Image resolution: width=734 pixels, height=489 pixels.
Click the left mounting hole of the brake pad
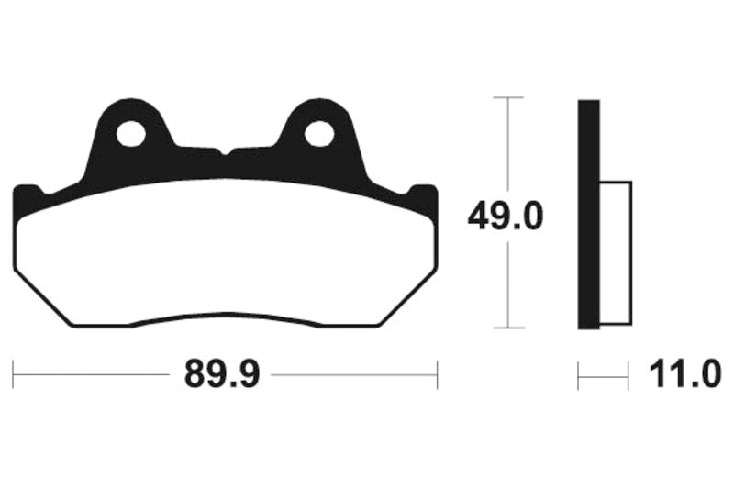click(131, 135)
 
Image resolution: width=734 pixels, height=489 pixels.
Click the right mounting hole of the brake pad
click(319, 135)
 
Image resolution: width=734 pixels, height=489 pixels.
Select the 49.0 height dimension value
click(505, 217)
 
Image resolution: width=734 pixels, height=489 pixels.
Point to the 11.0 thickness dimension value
click(684, 375)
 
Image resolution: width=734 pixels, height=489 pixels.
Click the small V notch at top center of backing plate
click(225, 150)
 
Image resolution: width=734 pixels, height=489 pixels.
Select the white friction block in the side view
click(615, 252)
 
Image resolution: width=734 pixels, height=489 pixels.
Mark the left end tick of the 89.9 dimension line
click(14, 374)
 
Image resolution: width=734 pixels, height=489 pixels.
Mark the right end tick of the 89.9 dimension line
click(437, 374)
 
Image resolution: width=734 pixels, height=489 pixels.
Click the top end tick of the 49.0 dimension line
click(508, 96)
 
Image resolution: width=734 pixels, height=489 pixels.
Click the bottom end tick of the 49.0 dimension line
click(508, 328)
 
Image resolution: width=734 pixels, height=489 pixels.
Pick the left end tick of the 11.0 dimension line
click(578, 374)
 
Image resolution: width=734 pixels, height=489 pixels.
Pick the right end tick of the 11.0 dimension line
click(628, 374)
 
